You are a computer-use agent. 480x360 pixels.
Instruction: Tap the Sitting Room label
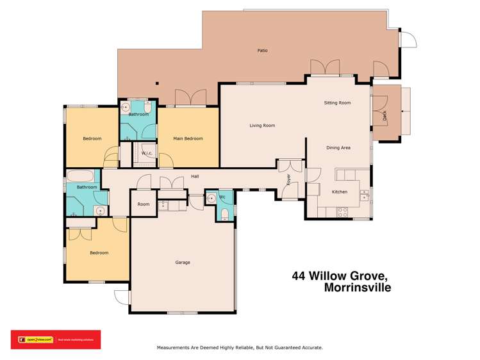click(x=337, y=102)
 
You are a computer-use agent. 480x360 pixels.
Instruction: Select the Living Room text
click(x=262, y=126)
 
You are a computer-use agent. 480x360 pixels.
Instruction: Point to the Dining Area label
click(x=338, y=148)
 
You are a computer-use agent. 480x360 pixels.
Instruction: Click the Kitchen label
click(x=339, y=192)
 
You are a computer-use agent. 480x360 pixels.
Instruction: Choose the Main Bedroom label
click(x=188, y=138)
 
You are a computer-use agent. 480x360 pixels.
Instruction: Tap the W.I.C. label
click(x=146, y=152)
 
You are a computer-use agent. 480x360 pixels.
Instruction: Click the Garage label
click(x=183, y=262)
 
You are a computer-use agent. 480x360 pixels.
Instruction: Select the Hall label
click(x=195, y=177)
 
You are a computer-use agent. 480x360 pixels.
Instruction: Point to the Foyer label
click(x=289, y=179)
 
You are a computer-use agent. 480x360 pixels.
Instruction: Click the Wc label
click(x=222, y=197)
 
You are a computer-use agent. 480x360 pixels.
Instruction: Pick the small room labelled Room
click(x=143, y=204)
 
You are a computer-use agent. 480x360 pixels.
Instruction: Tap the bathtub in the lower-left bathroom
click(x=81, y=176)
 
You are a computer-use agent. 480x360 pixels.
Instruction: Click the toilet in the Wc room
click(x=224, y=214)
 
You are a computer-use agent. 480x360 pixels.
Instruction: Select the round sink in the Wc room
click(x=211, y=199)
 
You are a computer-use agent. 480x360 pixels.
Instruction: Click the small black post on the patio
click(x=157, y=82)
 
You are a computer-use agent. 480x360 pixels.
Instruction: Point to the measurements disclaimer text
click(x=240, y=347)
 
